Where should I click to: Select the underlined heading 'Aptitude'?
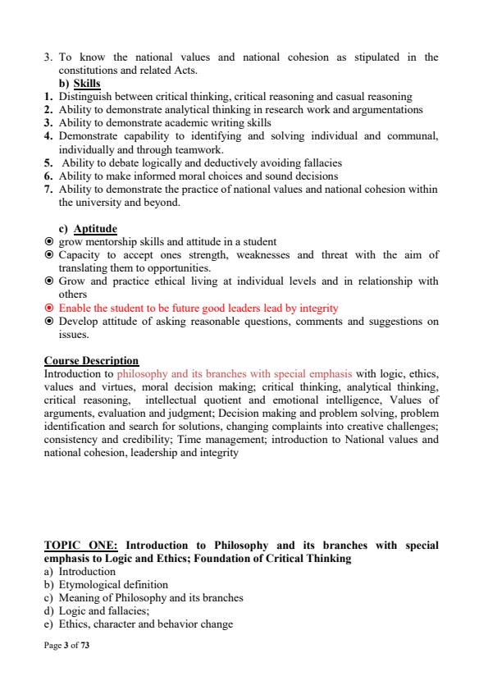click(95, 229)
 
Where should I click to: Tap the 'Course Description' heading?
click(91, 361)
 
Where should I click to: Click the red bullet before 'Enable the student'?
click(49, 308)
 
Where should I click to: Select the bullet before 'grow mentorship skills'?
click(49, 242)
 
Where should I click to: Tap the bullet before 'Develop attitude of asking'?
click(49, 322)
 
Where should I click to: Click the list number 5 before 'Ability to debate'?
click(48, 162)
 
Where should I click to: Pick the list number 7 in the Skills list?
click(48, 190)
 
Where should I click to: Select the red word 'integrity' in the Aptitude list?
click(318, 308)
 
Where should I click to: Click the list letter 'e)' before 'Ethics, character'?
click(49, 624)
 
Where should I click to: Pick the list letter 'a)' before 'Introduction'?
click(49, 572)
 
